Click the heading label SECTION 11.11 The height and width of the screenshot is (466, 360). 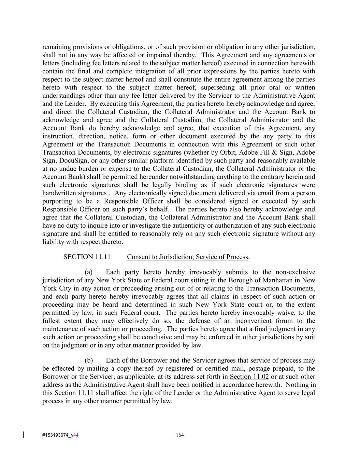87,257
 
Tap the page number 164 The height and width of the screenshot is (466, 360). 180,435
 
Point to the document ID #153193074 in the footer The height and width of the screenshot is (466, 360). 56,435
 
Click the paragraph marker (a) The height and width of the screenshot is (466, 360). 89,272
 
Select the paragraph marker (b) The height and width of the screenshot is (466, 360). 89,361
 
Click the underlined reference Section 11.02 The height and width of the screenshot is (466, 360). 249,377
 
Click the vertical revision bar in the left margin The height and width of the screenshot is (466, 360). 23,435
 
